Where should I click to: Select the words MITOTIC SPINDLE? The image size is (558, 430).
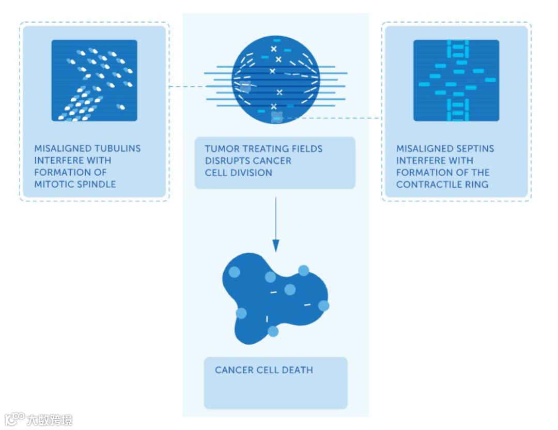click(75, 184)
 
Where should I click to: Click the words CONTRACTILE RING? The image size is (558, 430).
click(442, 185)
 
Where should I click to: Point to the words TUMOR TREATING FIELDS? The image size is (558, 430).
click(263, 149)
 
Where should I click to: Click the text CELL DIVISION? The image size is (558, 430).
click(238, 173)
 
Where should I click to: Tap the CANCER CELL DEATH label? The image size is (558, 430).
click(263, 370)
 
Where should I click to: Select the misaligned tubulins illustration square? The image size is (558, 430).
click(94, 80)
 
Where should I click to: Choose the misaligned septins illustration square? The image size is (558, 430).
click(456, 80)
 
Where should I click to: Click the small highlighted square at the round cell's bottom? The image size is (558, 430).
click(277, 118)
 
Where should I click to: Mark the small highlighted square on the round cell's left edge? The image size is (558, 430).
click(244, 86)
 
